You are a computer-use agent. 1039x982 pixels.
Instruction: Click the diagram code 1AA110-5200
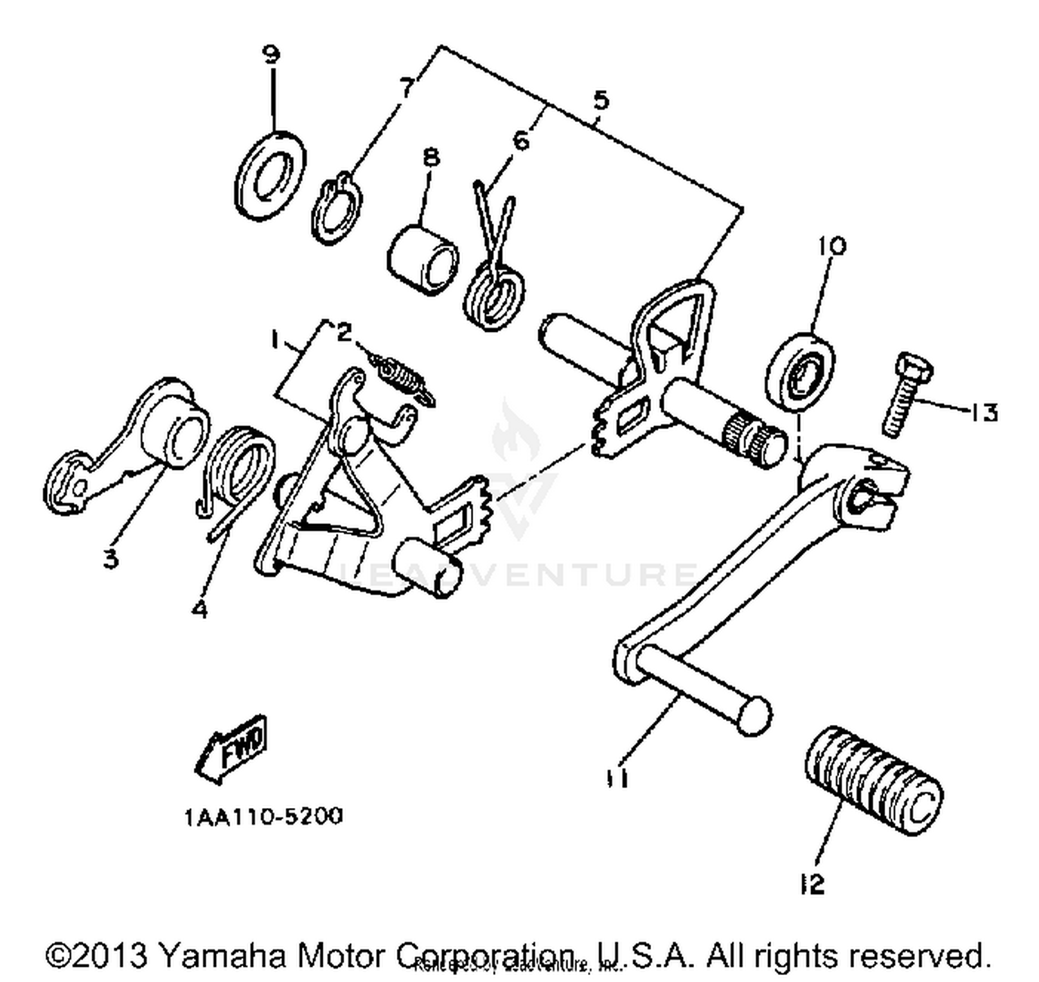coord(263,817)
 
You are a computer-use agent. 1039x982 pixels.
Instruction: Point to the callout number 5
coord(601,100)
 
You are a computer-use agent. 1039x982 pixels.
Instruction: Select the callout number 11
coord(619,778)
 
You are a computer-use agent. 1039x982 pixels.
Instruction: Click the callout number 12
coord(812,884)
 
